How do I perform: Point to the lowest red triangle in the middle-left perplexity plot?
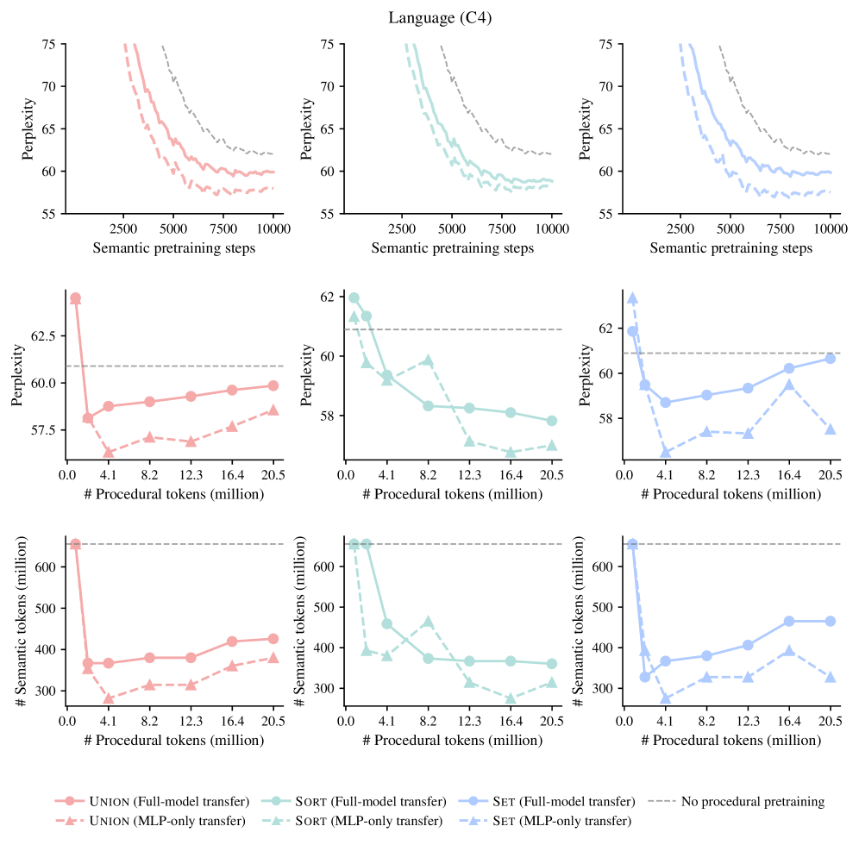[108, 452]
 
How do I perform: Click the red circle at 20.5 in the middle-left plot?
[273, 385]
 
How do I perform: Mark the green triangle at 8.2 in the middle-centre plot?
[428, 360]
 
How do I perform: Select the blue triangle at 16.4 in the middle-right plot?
[788, 385]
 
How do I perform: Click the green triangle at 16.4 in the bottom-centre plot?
[510, 698]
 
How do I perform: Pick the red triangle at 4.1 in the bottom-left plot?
[108, 698]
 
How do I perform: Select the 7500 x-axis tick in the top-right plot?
[780, 230]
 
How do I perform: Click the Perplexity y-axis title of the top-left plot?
[28, 128]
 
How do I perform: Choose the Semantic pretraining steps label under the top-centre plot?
[452, 248]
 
